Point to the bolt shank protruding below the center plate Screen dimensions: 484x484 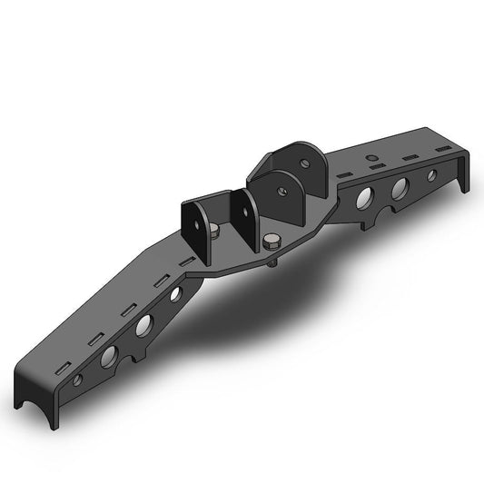click(272, 264)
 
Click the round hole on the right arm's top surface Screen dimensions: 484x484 click(371, 157)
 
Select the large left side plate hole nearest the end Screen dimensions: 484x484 click(109, 352)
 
